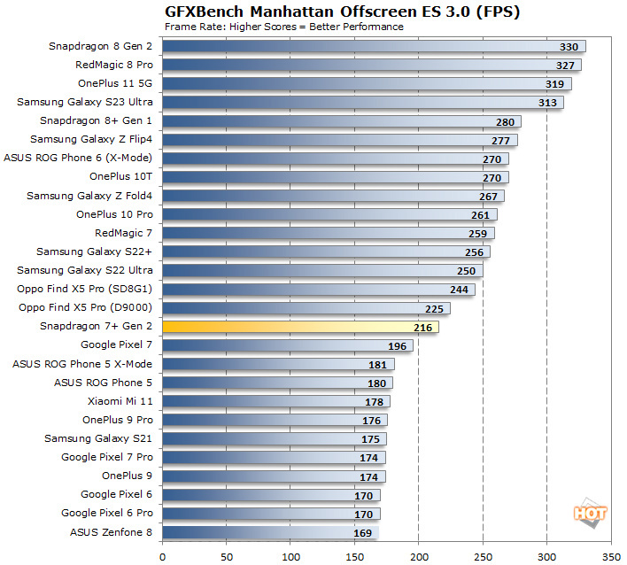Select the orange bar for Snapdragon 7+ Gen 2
click(300, 327)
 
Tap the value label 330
click(570, 46)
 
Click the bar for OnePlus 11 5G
click(367, 83)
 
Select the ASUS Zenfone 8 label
click(111, 532)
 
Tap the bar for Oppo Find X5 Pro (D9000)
click(306, 308)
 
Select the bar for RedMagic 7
click(328, 233)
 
